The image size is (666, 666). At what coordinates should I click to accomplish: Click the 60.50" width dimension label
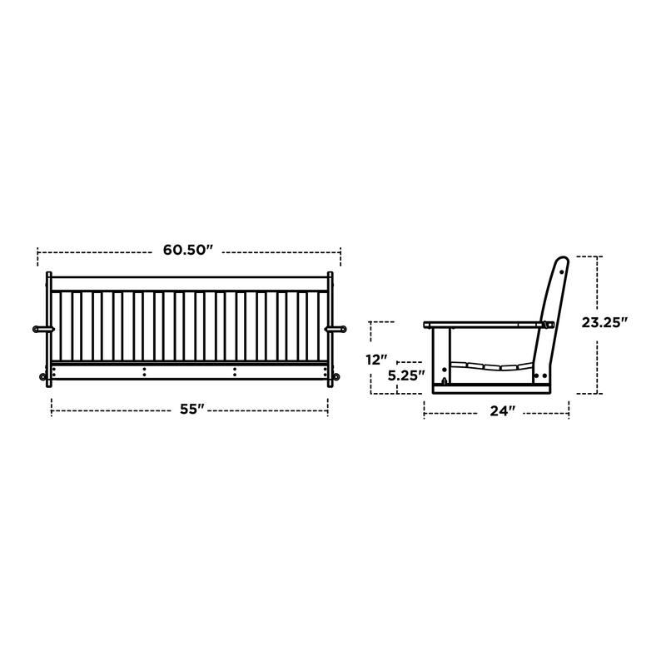[188, 249]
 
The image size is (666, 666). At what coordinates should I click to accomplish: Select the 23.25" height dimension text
[604, 321]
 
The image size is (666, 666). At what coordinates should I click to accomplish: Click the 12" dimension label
[378, 359]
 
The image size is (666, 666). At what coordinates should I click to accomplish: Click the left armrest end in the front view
[39, 329]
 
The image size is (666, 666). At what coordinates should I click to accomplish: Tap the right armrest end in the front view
[338, 329]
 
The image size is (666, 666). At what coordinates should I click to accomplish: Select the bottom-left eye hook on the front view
[43, 379]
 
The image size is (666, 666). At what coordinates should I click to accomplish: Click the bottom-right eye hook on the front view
[335, 379]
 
